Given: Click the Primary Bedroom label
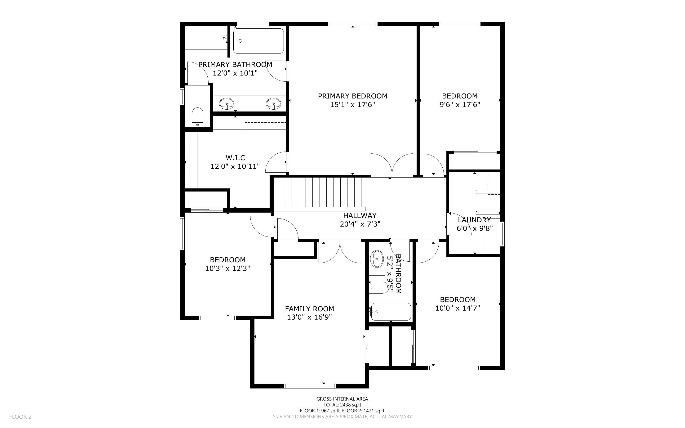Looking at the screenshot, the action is (x=352, y=96).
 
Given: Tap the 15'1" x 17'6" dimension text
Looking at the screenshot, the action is (x=352, y=105).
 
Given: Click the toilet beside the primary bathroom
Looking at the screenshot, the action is (x=197, y=117).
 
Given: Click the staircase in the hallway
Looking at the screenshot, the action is (x=320, y=194).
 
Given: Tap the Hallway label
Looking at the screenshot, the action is (x=360, y=216).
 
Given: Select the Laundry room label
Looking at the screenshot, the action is (x=474, y=220).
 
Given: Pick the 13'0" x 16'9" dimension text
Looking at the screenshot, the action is (x=310, y=317).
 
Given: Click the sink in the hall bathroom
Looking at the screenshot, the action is (x=377, y=259).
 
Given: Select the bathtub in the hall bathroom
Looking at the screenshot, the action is (x=391, y=312).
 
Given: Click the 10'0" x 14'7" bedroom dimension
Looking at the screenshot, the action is (x=458, y=308).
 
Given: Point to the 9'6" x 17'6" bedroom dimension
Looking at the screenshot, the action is (x=460, y=105).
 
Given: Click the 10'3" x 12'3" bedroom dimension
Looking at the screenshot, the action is (x=228, y=268).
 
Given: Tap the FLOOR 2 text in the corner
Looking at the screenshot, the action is (x=20, y=417).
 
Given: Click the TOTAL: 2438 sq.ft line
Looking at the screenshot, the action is (x=342, y=405).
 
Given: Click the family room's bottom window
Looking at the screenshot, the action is (x=310, y=386).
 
